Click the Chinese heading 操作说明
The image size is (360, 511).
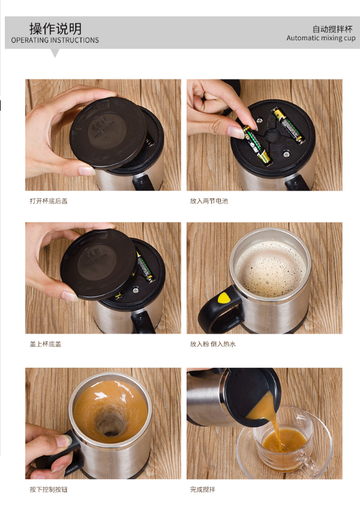[55, 29]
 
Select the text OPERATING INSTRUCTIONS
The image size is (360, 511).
[55, 40]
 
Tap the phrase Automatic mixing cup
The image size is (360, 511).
[321, 38]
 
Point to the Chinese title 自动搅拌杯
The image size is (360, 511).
[332, 29]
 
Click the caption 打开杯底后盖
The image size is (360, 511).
[49, 201]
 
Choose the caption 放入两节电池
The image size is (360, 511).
[209, 201]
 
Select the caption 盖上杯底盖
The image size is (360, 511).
[45, 344]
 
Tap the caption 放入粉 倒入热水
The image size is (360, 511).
[213, 344]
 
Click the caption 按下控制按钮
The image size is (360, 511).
[49, 489]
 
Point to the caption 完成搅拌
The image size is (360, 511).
[202, 489]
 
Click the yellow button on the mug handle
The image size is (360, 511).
[224, 298]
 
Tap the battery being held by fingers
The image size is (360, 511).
[256, 144]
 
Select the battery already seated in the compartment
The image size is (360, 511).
[288, 126]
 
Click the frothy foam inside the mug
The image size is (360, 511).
[271, 268]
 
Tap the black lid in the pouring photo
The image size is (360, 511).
[251, 396]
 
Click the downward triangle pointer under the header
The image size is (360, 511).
[55, 53]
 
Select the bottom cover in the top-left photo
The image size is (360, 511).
[108, 132]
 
